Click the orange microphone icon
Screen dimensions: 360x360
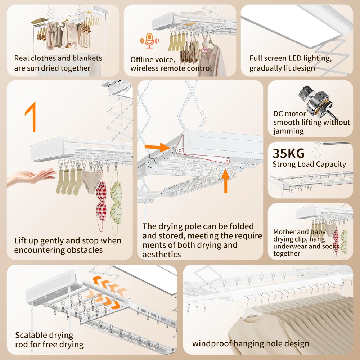point(149,41)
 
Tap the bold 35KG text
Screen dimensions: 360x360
point(289,153)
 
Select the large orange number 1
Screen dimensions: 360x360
point(31,117)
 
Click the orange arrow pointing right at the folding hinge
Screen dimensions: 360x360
point(158,147)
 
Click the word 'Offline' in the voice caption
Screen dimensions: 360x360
point(141,60)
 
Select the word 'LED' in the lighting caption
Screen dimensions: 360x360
point(295,58)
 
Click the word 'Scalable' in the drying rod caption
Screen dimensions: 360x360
point(30,335)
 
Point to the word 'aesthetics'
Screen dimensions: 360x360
point(162,255)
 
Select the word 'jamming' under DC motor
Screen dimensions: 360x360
point(288,131)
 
